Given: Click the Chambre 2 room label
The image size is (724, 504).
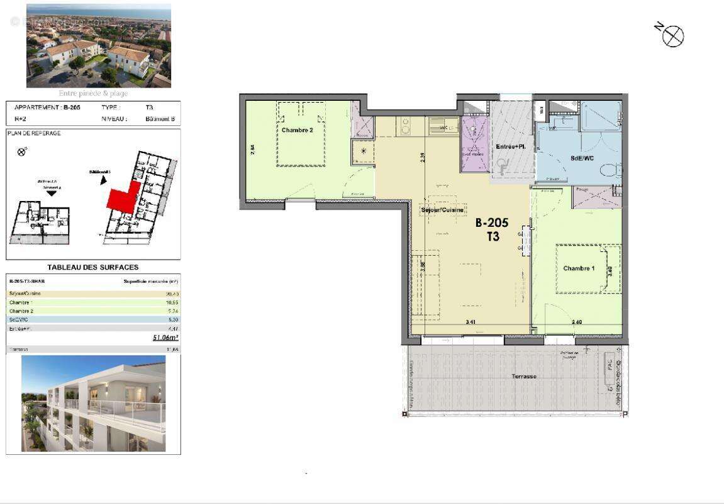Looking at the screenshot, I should (298, 130).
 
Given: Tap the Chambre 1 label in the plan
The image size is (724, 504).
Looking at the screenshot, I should (579, 268).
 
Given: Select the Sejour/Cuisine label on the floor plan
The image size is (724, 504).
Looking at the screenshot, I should (443, 210).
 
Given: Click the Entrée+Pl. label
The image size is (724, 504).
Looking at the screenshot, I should (510, 146).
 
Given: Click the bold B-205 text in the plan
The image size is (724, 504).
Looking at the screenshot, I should (491, 223).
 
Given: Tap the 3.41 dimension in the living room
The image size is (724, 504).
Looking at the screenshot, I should (470, 322).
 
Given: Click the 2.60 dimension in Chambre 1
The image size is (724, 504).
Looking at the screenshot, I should (576, 322).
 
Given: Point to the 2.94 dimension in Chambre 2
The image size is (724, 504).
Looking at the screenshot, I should (252, 149).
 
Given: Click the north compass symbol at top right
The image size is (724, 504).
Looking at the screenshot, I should (672, 36).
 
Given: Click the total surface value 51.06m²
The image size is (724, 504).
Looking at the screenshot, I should (165, 338).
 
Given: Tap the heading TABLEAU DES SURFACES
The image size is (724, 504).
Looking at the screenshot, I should (93, 267).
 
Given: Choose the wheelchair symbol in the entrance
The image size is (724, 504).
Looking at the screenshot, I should (503, 166).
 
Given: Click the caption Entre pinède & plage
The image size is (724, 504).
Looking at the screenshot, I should (93, 93).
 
